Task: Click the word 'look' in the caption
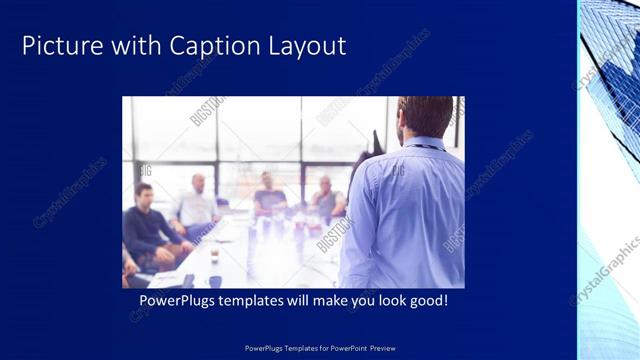coord(391,300)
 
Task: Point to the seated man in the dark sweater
coord(149,225)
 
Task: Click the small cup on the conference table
coord(214,256)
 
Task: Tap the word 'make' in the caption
coord(329,300)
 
